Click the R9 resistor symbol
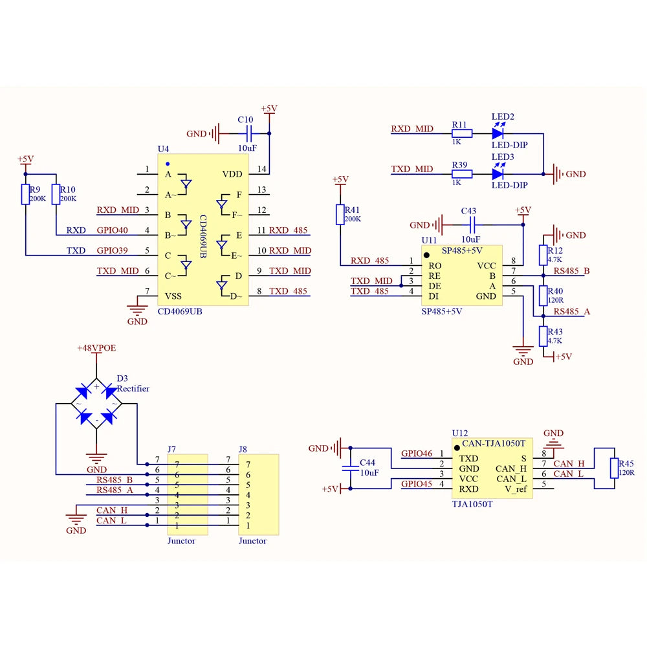26,194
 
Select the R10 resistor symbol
56,194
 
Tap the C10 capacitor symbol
249,134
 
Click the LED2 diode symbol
498,133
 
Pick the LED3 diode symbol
498,173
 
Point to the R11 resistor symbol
462,133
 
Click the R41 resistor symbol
340,215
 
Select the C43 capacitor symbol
473,225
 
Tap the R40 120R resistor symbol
543,296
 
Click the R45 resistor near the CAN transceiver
615,468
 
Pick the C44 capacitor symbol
350,468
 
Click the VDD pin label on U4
232,174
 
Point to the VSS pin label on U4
173,296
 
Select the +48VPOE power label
96,348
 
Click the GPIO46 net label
417,454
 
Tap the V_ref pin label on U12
516,489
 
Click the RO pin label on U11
435,266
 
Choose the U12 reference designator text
459,433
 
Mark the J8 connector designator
243,449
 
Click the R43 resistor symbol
543,336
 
